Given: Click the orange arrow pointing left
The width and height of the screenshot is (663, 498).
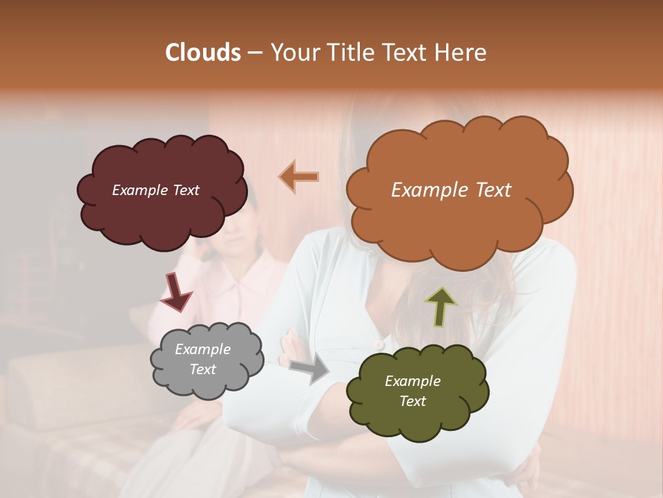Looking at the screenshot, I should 299,177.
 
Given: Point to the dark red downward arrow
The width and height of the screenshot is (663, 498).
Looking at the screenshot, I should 176,291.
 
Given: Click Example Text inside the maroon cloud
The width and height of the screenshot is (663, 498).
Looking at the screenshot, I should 156,190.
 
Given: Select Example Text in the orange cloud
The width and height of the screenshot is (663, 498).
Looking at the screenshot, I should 451,190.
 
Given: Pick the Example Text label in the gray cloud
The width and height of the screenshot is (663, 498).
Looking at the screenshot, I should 203,360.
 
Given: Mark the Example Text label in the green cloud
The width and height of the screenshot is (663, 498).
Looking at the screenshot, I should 412,391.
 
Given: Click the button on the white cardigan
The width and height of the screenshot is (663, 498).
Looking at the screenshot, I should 378,344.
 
